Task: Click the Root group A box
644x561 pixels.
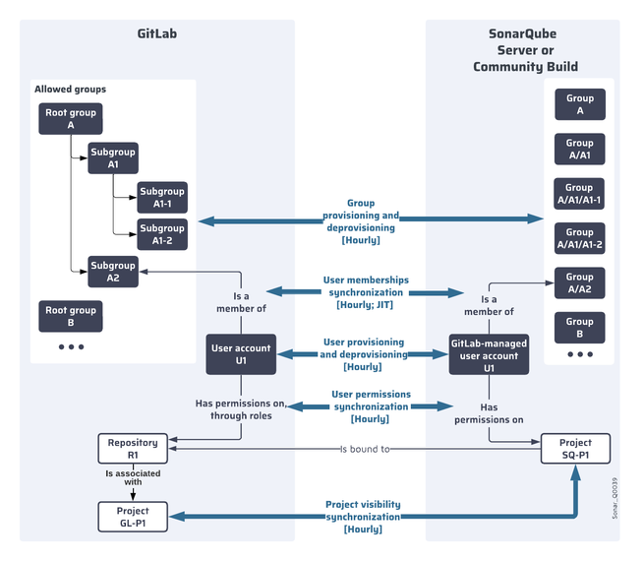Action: [x=71, y=119]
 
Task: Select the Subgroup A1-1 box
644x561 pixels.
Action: [x=161, y=197]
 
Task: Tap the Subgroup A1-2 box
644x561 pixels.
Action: [x=161, y=234]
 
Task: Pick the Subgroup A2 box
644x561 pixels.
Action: [x=113, y=271]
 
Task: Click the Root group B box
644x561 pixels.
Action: [x=71, y=316]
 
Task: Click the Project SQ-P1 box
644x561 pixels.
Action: [x=576, y=449]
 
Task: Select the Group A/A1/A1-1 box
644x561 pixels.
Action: [x=579, y=194]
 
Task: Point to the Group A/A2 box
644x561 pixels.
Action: [x=579, y=282]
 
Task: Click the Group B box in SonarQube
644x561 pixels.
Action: [x=579, y=327]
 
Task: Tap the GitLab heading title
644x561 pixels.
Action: [x=157, y=33]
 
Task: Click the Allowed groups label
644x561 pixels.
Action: [x=70, y=90]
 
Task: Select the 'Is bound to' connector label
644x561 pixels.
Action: [x=365, y=450]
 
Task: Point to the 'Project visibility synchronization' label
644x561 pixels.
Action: [x=363, y=516]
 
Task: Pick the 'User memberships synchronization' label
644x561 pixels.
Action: [x=366, y=292]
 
